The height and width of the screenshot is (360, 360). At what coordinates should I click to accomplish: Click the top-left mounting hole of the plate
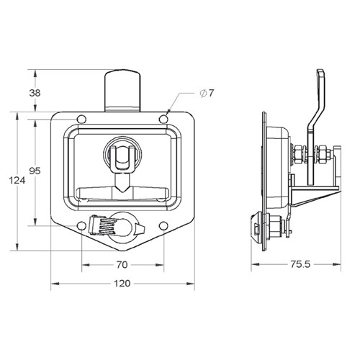(x=81, y=120)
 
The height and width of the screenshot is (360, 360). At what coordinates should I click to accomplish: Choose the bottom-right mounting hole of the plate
(x=164, y=226)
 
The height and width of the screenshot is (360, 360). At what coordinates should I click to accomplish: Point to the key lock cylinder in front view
(x=129, y=227)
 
